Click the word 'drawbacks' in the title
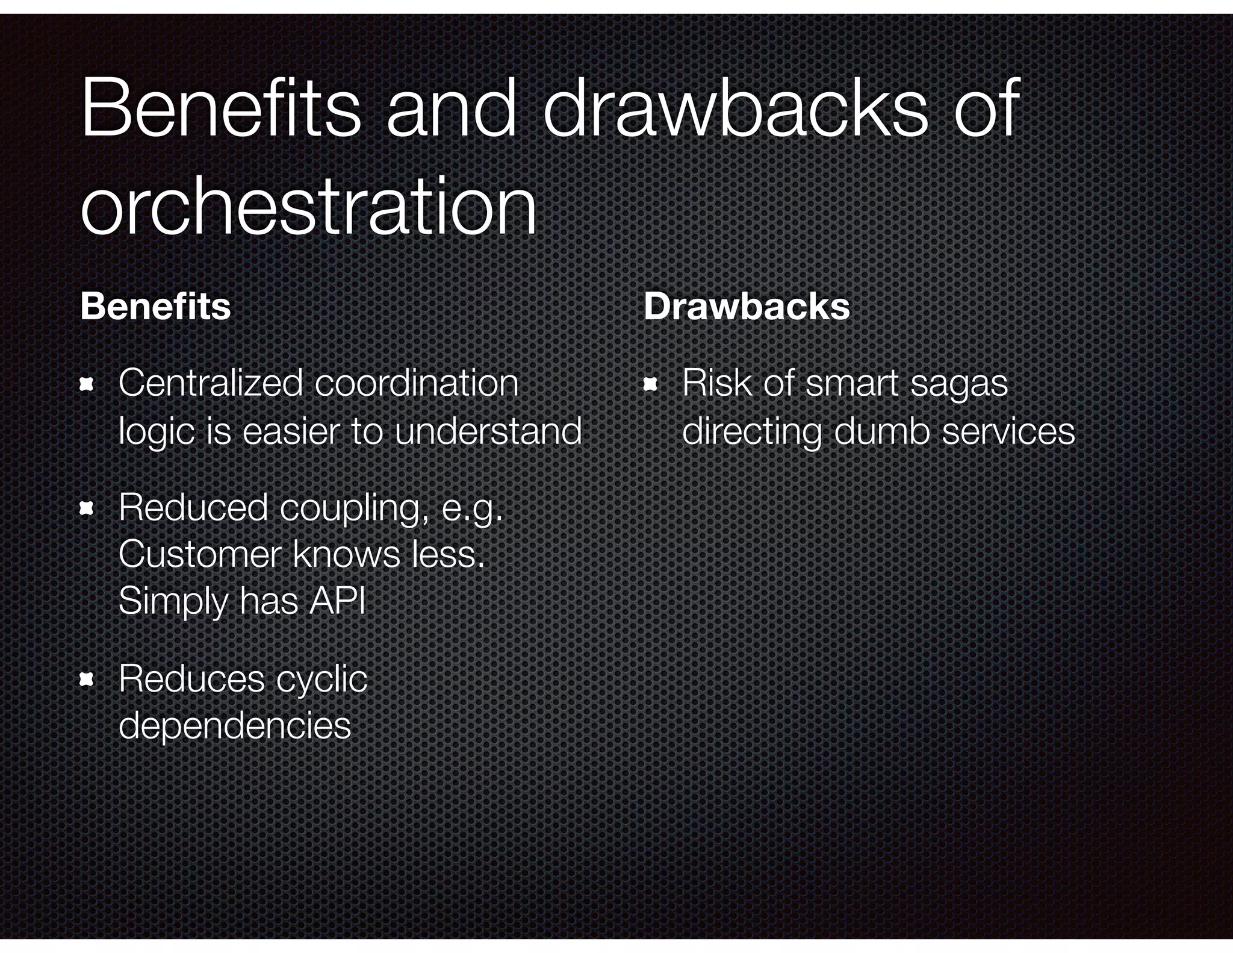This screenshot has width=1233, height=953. (x=736, y=110)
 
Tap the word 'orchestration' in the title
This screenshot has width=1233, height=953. (x=308, y=206)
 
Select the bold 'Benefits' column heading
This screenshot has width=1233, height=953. (x=155, y=307)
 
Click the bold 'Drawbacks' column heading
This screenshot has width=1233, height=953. (x=747, y=307)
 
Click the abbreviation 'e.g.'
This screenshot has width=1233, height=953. (x=472, y=508)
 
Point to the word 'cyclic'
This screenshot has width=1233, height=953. (x=321, y=680)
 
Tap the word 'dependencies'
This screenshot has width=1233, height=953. (x=235, y=725)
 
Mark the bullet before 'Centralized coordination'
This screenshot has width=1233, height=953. (x=87, y=384)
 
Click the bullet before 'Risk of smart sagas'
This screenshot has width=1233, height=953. (x=650, y=384)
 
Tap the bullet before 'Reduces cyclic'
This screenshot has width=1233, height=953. (x=87, y=680)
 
